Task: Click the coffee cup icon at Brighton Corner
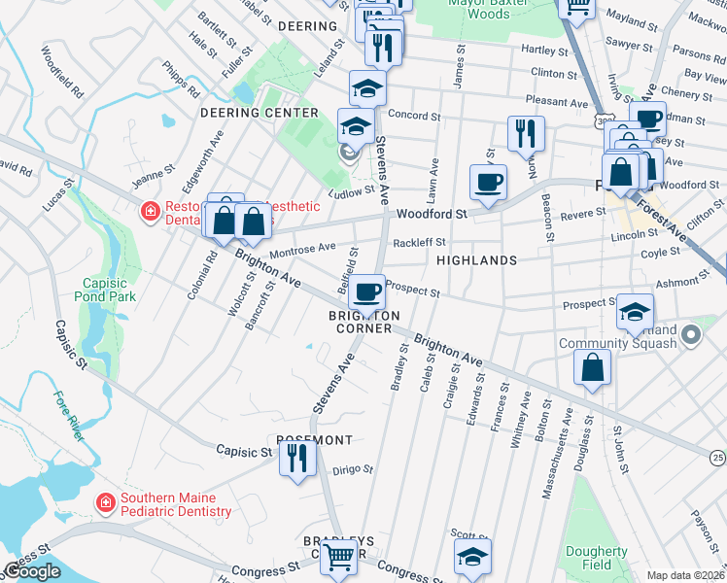[366, 291]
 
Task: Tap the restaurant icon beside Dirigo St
[297, 457]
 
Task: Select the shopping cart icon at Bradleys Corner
[338, 558]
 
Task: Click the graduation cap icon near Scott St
[472, 557]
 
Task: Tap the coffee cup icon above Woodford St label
[488, 181]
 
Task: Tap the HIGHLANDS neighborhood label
[476, 261]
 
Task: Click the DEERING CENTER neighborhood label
[259, 113]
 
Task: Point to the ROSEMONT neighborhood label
[314, 440]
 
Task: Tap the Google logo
[32, 571]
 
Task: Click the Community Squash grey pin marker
[691, 335]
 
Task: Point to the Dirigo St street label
[354, 471]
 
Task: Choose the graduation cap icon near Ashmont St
[635, 311]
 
